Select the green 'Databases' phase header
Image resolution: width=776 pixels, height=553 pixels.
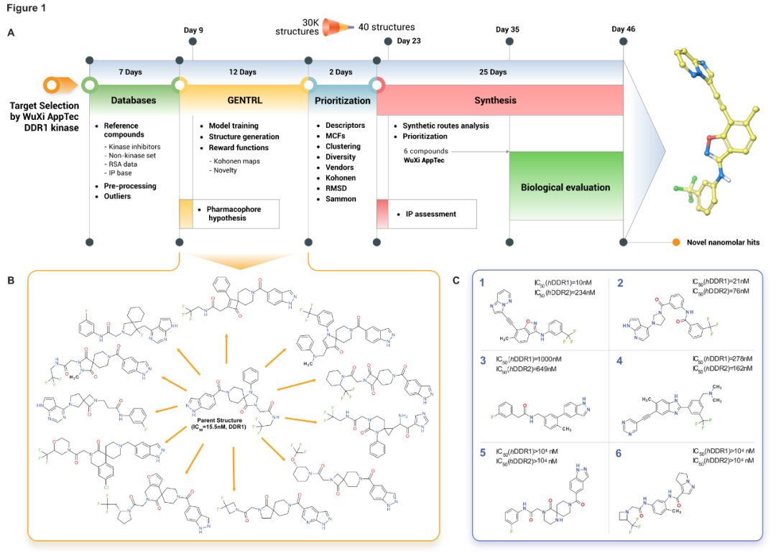click(133, 101)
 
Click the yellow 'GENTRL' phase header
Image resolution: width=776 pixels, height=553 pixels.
click(244, 101)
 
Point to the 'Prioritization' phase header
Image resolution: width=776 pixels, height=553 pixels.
click(343, 101)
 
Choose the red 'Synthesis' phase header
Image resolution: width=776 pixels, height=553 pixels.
click(495, 101)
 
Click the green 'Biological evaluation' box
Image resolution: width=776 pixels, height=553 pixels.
click(565, 187)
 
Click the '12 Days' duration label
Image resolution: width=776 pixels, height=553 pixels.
click(243, 72)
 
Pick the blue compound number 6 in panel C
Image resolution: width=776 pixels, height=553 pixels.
click(618, 454)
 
